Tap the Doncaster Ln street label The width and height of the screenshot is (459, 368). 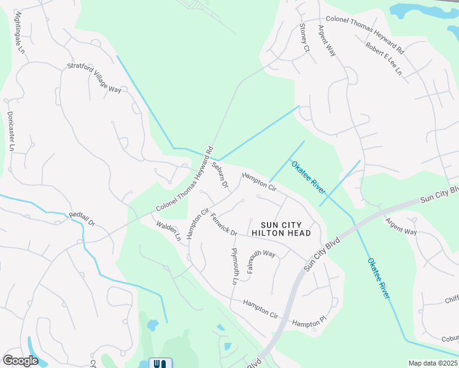pyautogui.click(x=10, y=131)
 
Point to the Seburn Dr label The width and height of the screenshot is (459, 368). pyautogui.click(x=220, y=174)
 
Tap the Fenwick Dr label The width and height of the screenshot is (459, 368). pyautogui.click(x=223, y=223)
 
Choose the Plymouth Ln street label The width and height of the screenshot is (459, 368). pyautogui.click(x=234, y=266)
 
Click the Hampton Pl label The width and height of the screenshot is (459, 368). pyautogui.click(x=306, y=323)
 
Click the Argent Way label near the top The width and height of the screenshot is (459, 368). pyautogui.click(x=326, y=41)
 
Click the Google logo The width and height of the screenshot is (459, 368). pyautogui.click(x=20, y=361)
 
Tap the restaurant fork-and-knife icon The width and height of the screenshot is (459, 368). pyautogui.click(x=160, y=363)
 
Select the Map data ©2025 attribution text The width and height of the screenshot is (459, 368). pyautogui.click(x=433, y=363)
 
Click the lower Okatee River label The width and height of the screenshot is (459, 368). pyautogui.click(x=379, y=278)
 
